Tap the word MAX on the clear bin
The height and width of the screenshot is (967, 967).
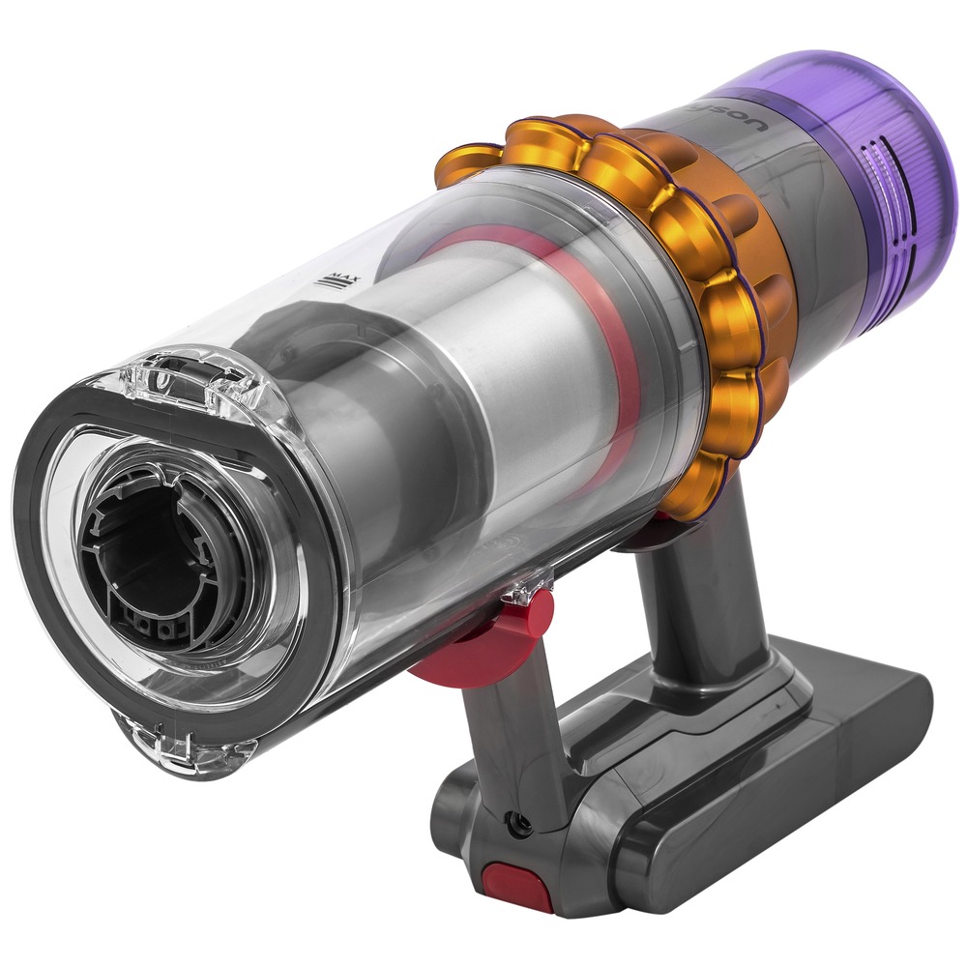(x=338, y=281)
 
